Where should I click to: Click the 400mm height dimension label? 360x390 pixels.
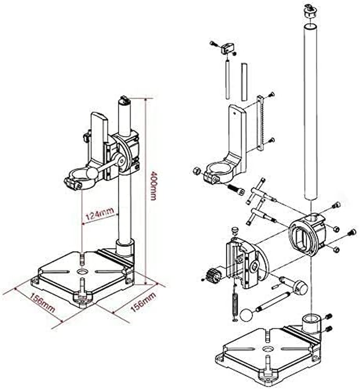[x=153, y=186]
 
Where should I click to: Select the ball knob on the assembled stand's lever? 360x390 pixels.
[x=92, y=173]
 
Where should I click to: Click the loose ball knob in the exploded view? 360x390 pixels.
[x=246, y=315]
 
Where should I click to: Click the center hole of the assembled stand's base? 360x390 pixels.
[x=83, y=272]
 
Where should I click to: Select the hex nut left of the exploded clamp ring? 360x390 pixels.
[x=196, y=170]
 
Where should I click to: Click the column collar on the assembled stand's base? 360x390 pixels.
[x=124, y=247]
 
